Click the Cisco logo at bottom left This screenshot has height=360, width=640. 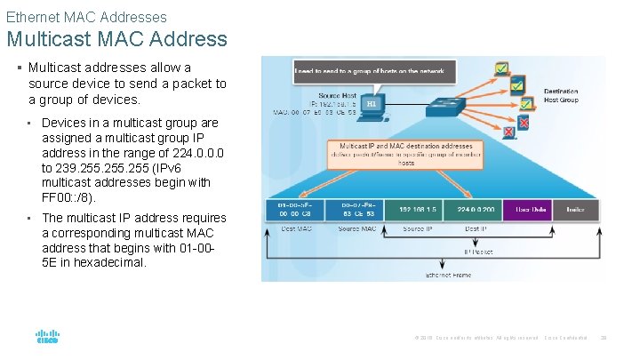click(47, 338)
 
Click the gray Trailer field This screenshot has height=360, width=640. click(572, 210)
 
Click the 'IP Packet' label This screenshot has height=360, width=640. click(480, 252)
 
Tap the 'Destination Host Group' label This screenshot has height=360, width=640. click(561, 94)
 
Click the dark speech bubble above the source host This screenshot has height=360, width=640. click(374, 71)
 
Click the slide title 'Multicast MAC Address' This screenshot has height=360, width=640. click(116, 39)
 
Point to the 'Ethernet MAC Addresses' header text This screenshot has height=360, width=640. click(86, 16)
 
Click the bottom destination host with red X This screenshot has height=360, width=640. click(509, 132)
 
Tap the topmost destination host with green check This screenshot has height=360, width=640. click(500, 68)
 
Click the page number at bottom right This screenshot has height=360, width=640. click(603, 338)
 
